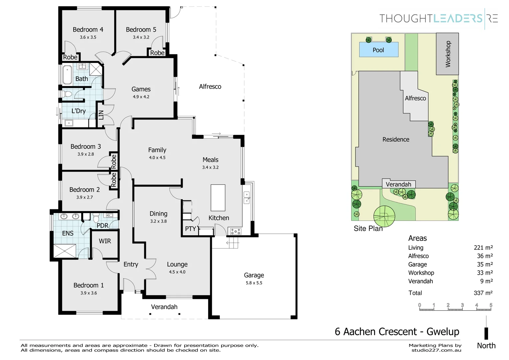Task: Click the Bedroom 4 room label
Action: coord(88,30)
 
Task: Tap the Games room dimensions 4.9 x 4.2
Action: coord(141,97)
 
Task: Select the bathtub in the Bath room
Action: coord(67,75)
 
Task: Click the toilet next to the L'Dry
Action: coord(67,94)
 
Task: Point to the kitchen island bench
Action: coord(218,198)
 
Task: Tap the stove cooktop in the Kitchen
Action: coord(236,232)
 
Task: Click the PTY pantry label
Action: coord(191,229)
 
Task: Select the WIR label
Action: coord(105,241)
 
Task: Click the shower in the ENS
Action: coord(65,251)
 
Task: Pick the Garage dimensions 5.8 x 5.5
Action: coord(254,283)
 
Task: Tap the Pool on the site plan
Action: coord(378,49)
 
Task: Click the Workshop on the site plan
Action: coord(447,54)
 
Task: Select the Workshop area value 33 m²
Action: coord(485,273)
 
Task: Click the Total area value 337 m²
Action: coord(483,293)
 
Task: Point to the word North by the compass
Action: coord(486,346)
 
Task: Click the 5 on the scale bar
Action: coord(491,305)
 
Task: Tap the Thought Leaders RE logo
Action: coord(439,19)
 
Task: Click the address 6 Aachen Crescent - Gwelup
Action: coord(397,332)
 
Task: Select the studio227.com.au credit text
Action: coord(436,350)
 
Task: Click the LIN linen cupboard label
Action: coord(101,115)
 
